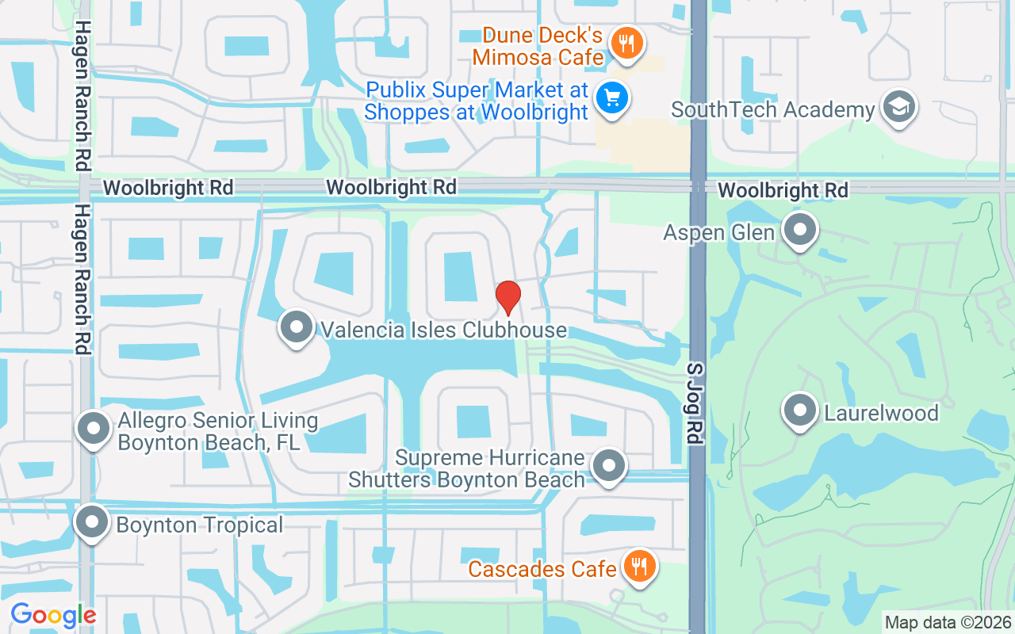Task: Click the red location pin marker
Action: click(x=507, y=297)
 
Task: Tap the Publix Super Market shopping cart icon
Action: click(x=612, y=99)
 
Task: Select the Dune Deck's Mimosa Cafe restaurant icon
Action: click(x=627, y=43)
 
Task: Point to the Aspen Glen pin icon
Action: click(x=799, y=231)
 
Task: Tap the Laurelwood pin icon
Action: click(x=799, y=411)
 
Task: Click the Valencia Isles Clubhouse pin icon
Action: click(x=297, y=327)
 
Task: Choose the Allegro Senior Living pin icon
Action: click(x=94, y=429)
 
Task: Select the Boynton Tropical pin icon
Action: click(x=92, y=522)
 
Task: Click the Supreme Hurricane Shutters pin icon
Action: click(x=609, y=467)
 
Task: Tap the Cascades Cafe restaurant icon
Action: click(x=638, y=567)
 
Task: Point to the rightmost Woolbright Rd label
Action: click(x=783, y=190)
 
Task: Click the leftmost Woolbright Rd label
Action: click(x=168, y=188)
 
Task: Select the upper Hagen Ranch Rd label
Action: click(x=82, y=95)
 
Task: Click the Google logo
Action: click(x=53, y=615)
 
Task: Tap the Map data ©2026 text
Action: click(x=948, y=622)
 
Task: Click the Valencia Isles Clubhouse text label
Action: click(x=443, y=329)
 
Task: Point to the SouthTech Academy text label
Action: click(x=772, y=109)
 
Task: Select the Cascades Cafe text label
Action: click(x=542, y=569)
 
